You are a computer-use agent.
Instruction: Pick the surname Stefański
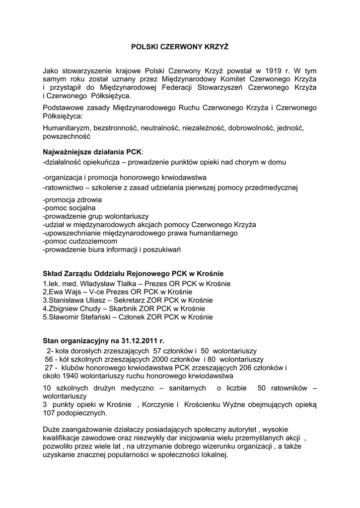pos(97,317)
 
